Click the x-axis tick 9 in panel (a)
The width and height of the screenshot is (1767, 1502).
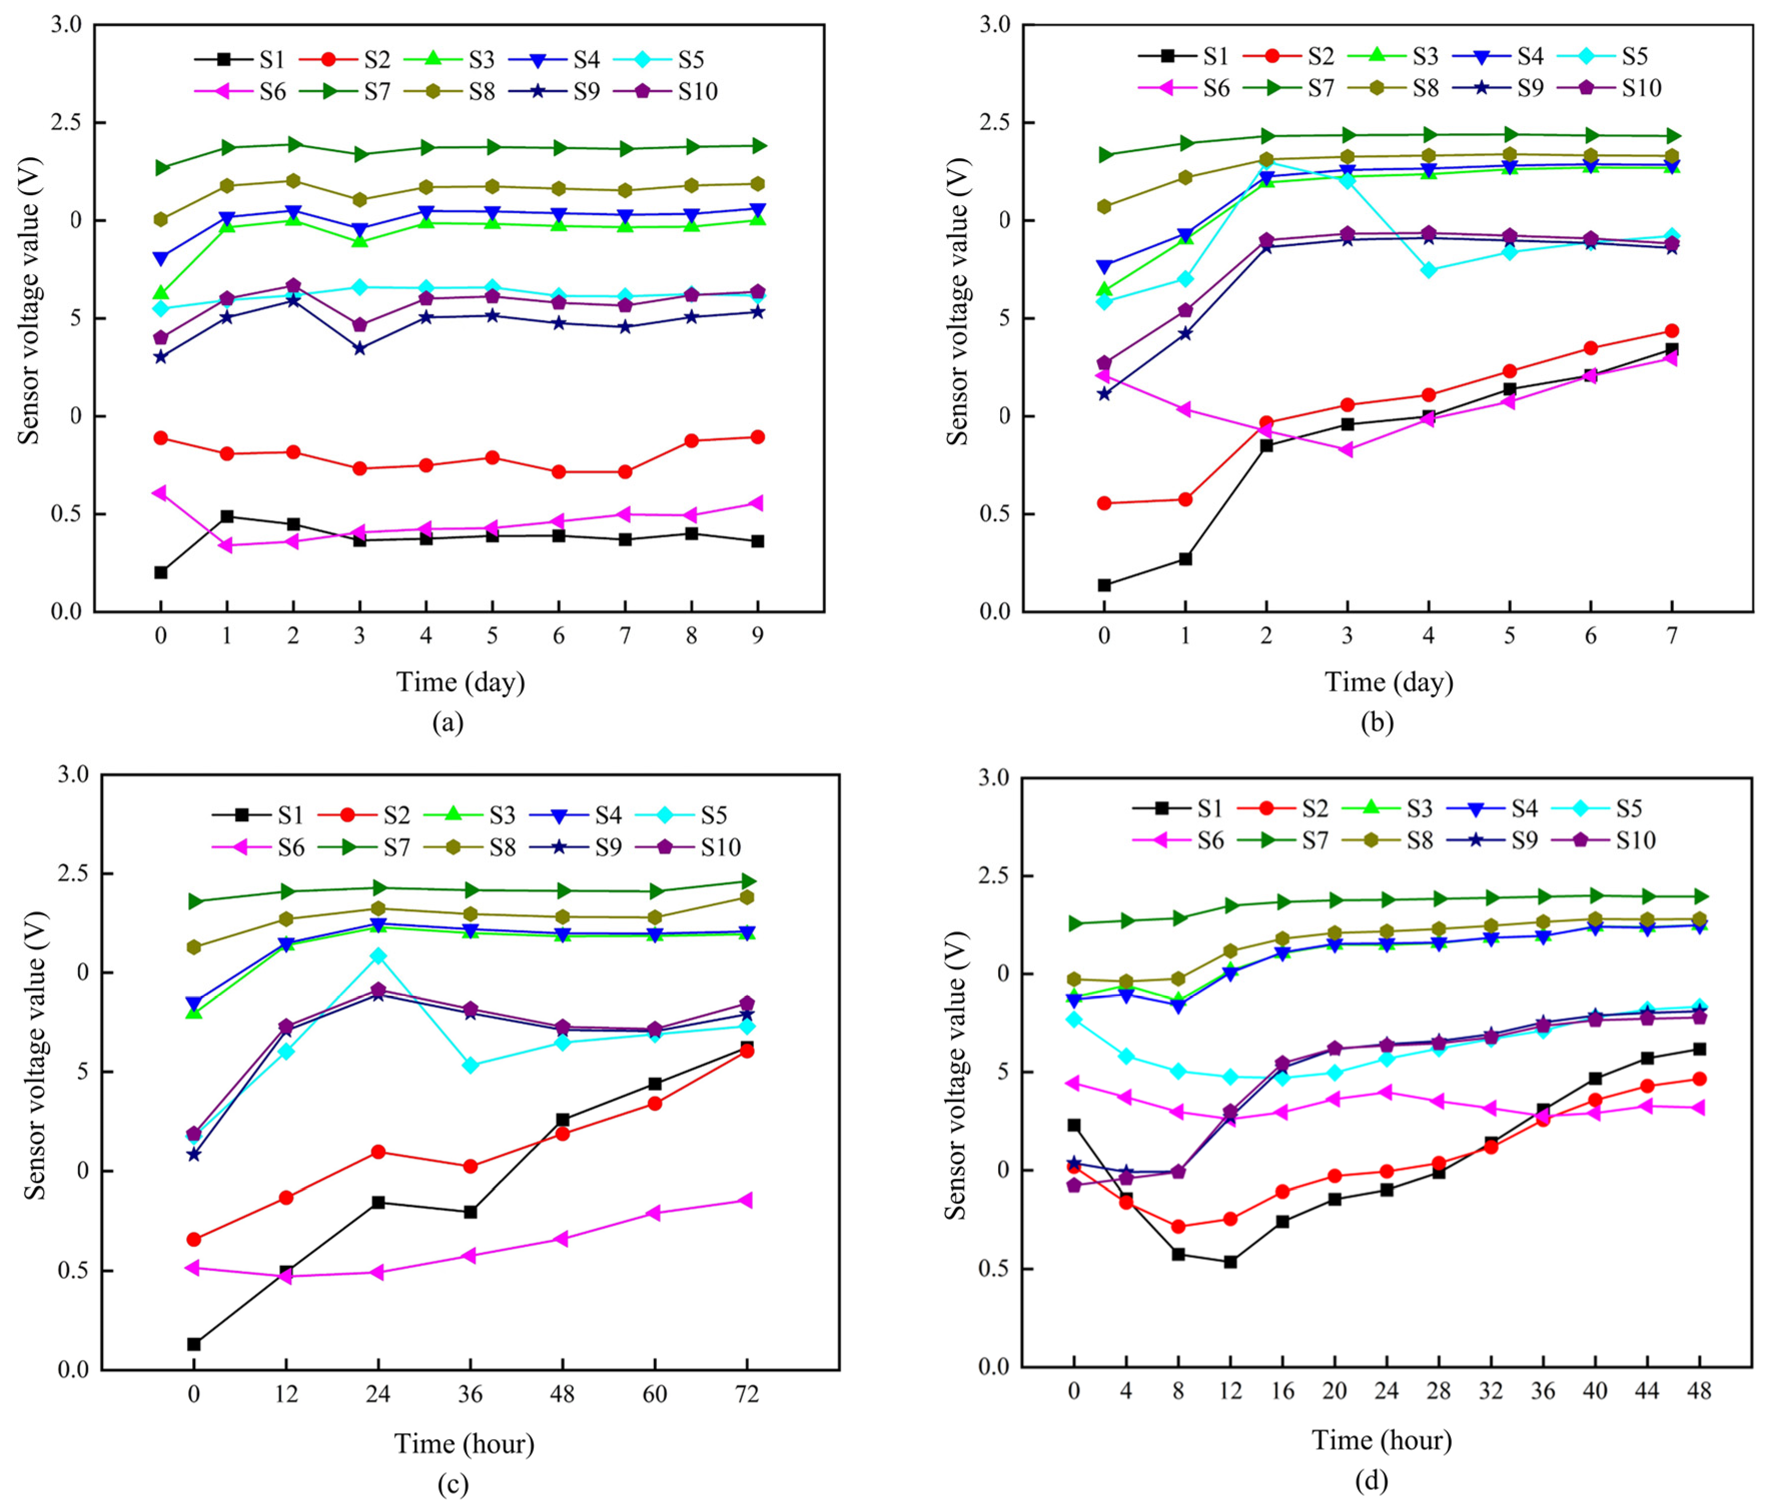click(757, 635)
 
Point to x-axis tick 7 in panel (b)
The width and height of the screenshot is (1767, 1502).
click(1671, 635)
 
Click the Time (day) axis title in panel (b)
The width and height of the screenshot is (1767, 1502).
click(1388, 682)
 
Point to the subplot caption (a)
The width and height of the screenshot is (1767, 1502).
click(448, 723)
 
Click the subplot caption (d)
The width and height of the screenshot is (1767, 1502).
click(1370, 1481)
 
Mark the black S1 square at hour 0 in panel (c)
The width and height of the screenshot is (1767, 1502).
click(194, 1344)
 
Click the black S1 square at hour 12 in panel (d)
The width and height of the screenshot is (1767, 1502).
click(1230, 1262)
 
